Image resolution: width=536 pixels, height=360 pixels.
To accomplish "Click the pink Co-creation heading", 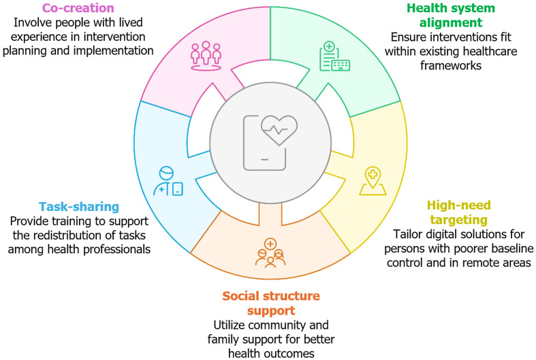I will (77, 9).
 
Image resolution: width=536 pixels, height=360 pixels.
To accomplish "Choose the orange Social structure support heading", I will (271, 304).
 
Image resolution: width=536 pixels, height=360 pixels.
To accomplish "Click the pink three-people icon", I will (205, 54).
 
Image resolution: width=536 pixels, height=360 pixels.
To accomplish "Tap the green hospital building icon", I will (334, 58).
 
